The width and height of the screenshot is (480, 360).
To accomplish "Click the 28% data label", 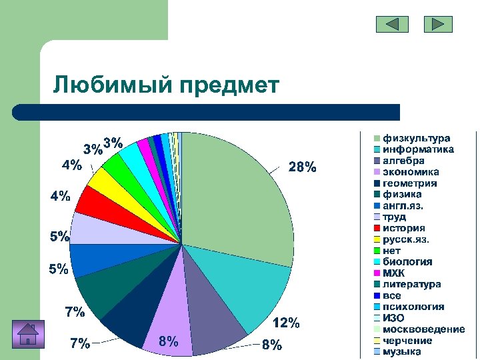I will point(302,167).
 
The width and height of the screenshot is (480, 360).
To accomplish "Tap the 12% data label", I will point(286,323).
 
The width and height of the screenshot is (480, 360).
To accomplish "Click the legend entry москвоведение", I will point(423,329).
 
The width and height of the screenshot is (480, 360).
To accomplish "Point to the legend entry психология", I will point(413,307).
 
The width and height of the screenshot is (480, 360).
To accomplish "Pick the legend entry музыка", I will point(401,351).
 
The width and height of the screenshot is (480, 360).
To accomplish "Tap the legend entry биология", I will point(407,261).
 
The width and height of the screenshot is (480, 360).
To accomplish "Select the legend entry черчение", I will point(407,341).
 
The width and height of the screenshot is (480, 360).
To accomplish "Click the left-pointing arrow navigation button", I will point(392,25).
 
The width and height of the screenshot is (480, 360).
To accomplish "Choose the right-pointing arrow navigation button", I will point(438,25).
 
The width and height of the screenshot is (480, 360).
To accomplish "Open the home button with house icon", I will point(28,333).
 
